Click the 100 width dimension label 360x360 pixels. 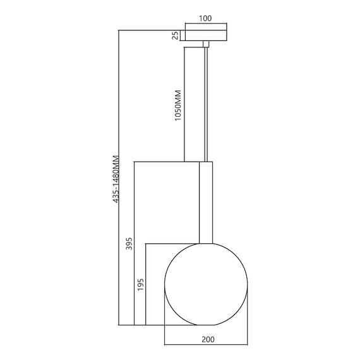tap(205, 18)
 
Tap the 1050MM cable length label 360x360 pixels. tap(178, 105)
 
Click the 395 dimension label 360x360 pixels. tap(129, 245)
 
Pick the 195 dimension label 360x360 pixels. tap(140, 284)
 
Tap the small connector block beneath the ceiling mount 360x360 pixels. tap(205, 44)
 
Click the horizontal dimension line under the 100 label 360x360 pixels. tap(205, 25)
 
